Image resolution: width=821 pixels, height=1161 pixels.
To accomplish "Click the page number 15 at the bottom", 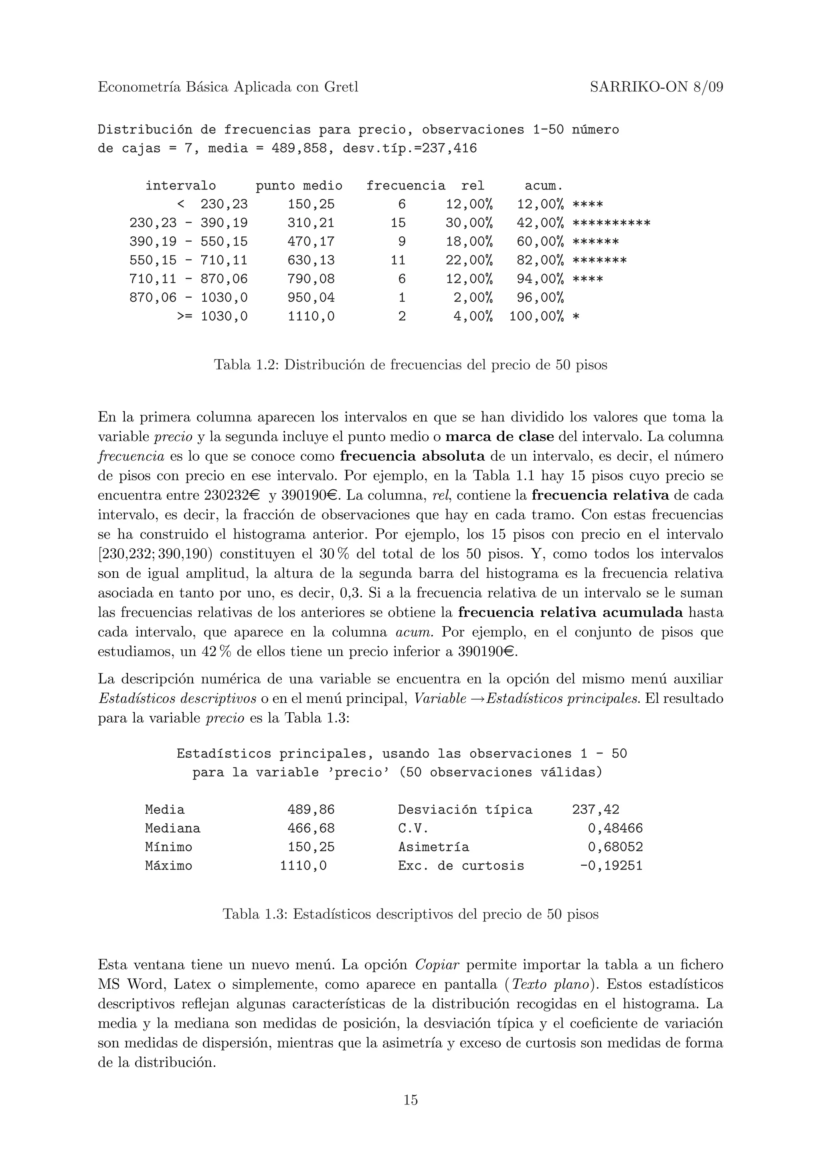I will (x=410, y=1100).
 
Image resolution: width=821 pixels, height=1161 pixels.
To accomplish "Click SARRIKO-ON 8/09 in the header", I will (x=656, y=87).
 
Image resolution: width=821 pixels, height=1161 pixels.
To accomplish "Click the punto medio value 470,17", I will (x=311, y=242).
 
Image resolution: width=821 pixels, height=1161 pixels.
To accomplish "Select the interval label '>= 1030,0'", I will (x=212, y=316).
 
